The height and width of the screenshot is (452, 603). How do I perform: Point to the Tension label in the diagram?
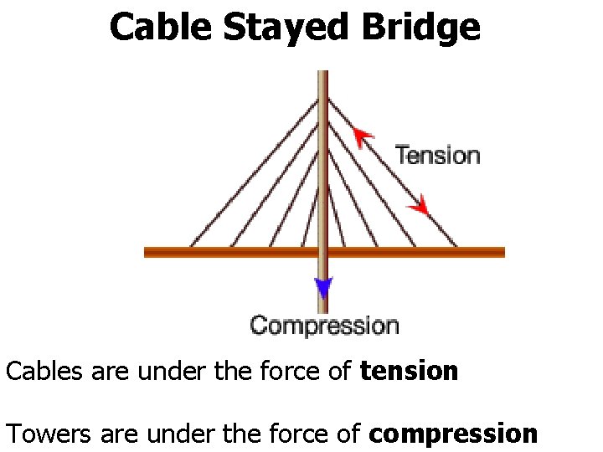[437, 155]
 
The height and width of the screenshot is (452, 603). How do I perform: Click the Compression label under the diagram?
[324, 325]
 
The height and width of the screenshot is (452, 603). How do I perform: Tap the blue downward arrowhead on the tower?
[323, 289]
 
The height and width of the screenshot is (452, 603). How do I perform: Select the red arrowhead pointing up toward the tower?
[362, 135]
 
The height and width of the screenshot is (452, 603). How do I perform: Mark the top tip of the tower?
[322, 73]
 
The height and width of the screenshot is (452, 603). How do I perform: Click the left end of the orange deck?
[147, 251]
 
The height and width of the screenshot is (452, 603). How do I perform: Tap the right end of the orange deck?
[502, 251]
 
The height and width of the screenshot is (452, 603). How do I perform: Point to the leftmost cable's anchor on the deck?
[191, 247]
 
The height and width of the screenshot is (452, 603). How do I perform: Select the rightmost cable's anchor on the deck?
[456, 247]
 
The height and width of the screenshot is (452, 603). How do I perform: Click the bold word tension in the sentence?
[409, 370]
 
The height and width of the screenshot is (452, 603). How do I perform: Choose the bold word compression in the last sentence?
[452, 434]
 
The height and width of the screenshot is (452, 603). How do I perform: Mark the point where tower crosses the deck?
[322, 251]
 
